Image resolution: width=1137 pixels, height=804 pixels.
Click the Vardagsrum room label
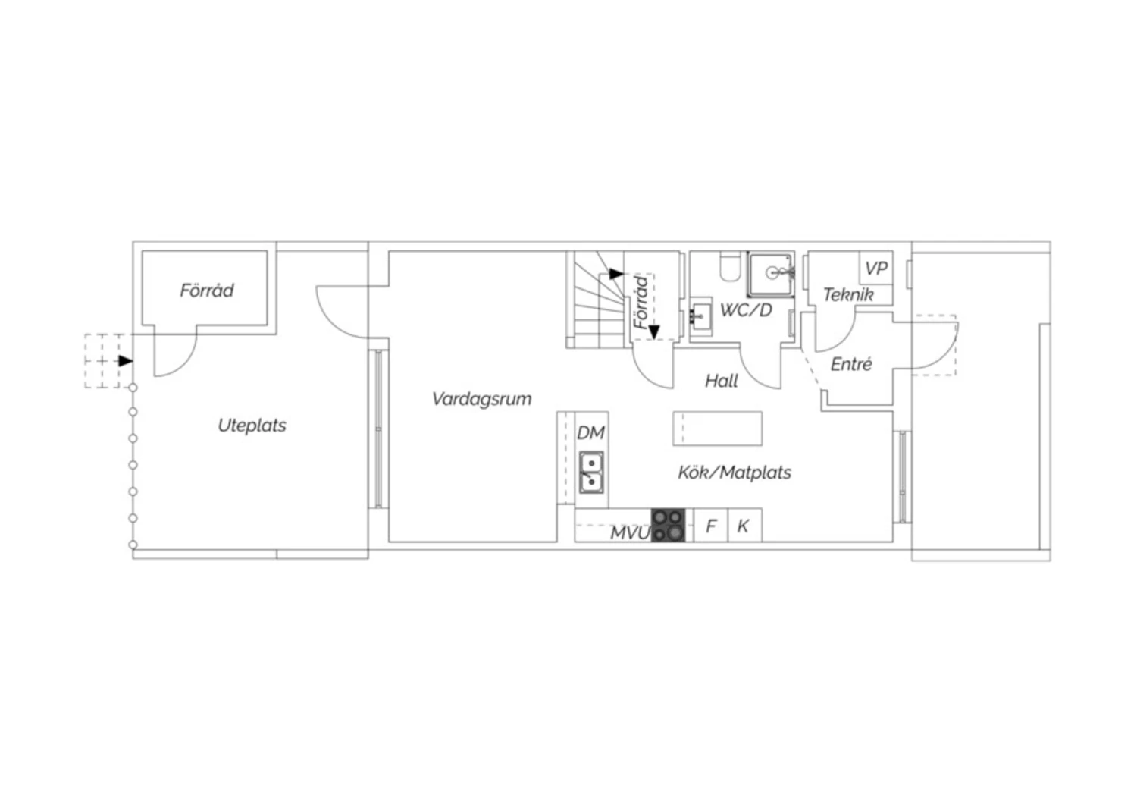point(481,399)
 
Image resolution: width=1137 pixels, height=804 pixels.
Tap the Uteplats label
point(252,426)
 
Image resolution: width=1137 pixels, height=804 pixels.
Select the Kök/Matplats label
point(735,473)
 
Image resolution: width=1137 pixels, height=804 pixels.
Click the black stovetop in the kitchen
point(668,525)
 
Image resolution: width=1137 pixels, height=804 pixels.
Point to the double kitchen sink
point(591,473)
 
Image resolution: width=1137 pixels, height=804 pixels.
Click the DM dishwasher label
point(590,433)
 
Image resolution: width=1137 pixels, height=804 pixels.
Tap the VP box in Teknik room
point(876,269)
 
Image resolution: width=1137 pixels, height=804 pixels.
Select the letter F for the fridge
point(711,526)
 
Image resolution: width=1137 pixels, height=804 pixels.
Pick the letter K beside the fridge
point(743,526)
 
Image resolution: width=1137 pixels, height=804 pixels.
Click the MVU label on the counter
point(630,532)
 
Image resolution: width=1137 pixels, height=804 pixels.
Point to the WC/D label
point(746,309)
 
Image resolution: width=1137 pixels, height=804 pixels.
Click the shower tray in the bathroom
point(771,275)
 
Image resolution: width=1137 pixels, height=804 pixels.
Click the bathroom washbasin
point(702,317)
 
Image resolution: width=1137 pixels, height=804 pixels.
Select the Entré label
point(851,365)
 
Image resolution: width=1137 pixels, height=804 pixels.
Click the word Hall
point(722,382)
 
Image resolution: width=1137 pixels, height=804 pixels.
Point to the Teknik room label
point(848,295)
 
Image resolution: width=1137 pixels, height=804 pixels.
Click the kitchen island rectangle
point(717,429)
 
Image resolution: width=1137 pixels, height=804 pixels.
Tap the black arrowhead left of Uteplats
point(126,361)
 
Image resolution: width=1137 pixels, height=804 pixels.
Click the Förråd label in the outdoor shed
point(207,291)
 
